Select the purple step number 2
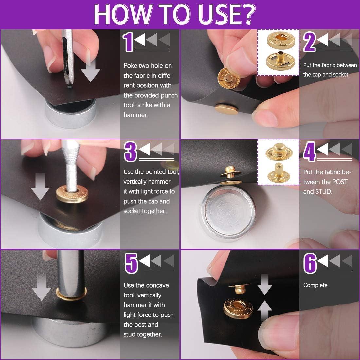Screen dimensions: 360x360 pos(309,42)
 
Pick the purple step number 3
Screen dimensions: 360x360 pos(130,152)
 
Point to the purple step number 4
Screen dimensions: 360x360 pos(310,152)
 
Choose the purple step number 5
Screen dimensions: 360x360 pos(131,263)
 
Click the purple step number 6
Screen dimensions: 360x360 pos(310,263)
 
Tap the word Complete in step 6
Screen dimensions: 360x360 pos(315,285)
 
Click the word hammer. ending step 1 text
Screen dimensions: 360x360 pos(136,115)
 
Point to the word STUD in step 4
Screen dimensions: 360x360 pos(324,192)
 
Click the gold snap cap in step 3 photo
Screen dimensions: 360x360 pos(72,194)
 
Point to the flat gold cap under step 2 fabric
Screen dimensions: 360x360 pos(226,109)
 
